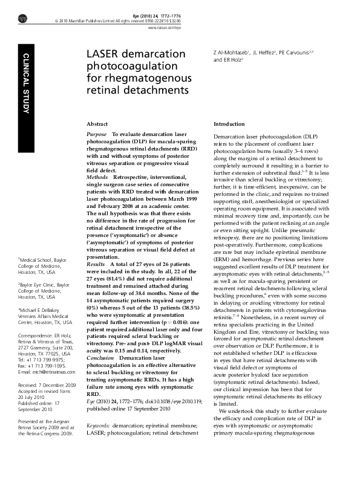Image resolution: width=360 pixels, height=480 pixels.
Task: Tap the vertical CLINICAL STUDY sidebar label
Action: tap(26, 83)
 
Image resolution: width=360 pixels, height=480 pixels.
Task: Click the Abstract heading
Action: tap(97, 123)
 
